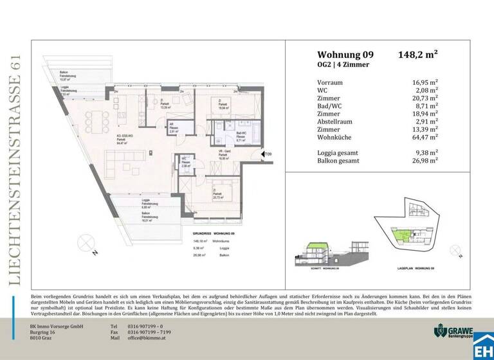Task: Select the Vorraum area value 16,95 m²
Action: tap(425, 82)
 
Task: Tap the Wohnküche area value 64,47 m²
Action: tap(425, 137)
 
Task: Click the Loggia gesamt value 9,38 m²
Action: tap(426, 152)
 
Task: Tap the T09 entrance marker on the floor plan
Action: tap(269, 154)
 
